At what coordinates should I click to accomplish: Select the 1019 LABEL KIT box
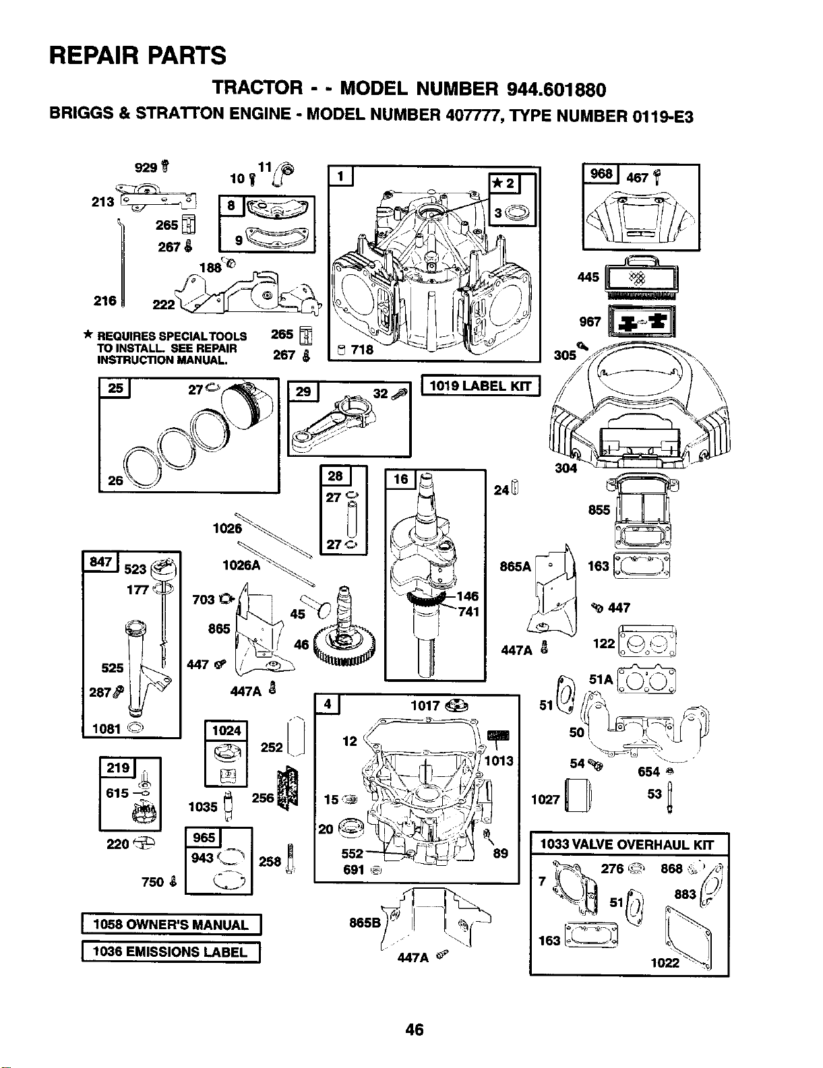point(481,386)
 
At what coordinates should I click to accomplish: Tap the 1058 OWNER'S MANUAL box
point(171,924)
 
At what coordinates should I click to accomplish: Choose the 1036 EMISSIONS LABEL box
point(171,952)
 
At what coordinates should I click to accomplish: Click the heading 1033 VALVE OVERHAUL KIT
point(627,844)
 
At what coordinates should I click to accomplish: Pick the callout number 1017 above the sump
point(425,706)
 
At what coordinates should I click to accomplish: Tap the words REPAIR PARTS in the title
point(138,55)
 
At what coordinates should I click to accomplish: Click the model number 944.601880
point(550,89)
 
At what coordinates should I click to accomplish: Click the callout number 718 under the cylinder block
point(362,350)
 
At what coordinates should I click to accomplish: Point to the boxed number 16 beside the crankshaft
point(400,478)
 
